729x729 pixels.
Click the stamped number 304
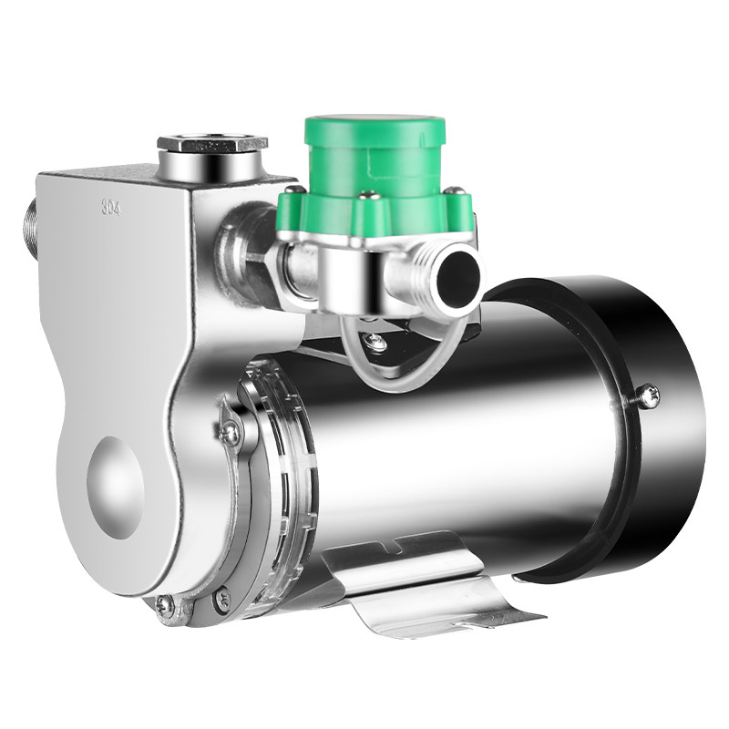point(111,208)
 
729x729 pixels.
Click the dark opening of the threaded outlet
point(459,275)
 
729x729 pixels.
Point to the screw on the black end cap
point(648,397)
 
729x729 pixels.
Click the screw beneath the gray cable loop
point(375,342)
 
